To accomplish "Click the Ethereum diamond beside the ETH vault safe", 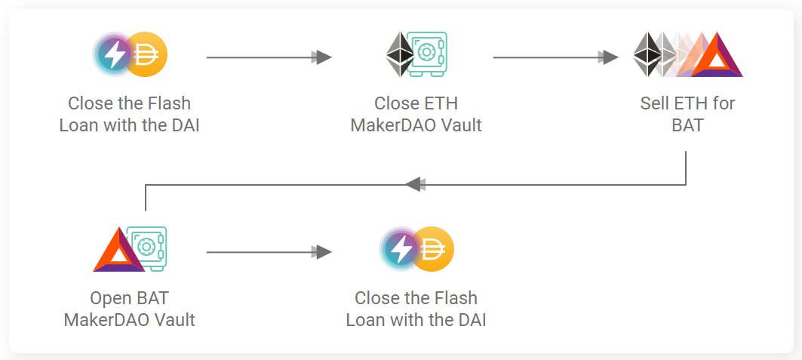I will [400, 55].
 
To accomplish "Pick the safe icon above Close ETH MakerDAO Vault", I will [427, 54].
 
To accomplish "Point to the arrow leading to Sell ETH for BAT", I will [608, 57].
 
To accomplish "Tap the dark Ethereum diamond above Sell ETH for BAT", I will [646, 54].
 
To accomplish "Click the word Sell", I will [655, 103].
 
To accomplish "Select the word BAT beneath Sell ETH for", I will [687, 125].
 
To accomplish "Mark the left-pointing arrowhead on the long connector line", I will [414, 184].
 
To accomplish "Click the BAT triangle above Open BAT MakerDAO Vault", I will [118, 251].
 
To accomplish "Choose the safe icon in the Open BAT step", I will [147, 248].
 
